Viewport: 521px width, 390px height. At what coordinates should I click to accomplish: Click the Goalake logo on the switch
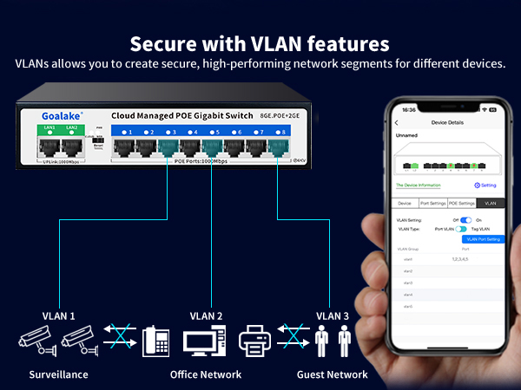[x=45, y=114]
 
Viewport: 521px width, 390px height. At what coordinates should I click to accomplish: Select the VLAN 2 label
[x=207, y=316]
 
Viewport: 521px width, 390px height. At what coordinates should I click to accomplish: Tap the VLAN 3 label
[x=333, y=316]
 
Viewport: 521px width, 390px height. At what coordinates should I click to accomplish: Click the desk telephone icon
[x=155, y=341]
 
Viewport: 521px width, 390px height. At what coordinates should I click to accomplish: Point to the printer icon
[x=255, y=341]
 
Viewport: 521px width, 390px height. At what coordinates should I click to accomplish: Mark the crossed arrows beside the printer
[x=293, y=341]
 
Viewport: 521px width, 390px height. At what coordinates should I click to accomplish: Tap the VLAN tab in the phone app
[x=491, y=203]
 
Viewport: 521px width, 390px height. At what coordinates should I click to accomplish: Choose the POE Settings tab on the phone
[x=461, y=203]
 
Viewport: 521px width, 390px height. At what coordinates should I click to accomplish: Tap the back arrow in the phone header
[x=398, y=123]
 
